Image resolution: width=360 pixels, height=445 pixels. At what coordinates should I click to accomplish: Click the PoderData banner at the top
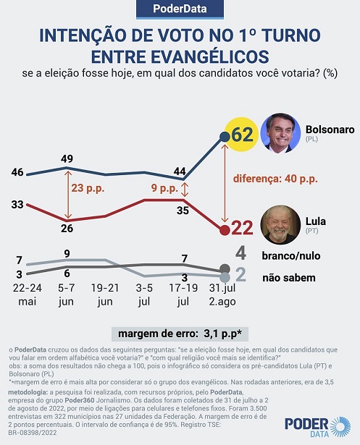180,9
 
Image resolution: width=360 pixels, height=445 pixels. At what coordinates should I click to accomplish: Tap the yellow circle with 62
241,135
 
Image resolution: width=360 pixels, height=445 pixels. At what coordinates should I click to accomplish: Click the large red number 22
242,228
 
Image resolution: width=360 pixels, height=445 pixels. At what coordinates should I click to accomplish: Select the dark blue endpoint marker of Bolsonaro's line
225,137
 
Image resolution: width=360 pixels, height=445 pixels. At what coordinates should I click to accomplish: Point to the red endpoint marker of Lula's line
225,230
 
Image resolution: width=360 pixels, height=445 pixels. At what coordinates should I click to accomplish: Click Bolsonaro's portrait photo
280,133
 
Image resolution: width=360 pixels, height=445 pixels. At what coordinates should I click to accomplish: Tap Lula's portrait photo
280,225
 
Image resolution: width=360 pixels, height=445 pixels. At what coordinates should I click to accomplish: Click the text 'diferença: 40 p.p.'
275,179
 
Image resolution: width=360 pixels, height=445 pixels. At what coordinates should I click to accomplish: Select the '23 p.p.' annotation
88,188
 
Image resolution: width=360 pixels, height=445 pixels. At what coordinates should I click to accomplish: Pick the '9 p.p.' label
164,188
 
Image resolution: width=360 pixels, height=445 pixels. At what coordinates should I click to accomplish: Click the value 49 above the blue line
67,158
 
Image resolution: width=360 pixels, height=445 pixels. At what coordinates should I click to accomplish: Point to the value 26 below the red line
67,228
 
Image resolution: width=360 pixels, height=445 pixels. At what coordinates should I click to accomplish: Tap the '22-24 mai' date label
28,294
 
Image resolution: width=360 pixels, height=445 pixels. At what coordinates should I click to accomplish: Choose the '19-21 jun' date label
105,294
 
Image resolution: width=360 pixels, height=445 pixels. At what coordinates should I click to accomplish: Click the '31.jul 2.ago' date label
222,294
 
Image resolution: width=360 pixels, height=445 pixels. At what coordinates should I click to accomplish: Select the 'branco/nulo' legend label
291,255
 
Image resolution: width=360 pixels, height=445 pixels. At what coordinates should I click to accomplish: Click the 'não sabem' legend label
289,278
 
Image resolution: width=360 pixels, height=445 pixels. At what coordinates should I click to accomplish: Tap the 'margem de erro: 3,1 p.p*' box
180,334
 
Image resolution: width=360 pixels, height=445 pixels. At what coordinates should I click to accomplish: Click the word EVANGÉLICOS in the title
180,56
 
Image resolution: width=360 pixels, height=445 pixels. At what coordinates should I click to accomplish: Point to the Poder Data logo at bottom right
318,427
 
